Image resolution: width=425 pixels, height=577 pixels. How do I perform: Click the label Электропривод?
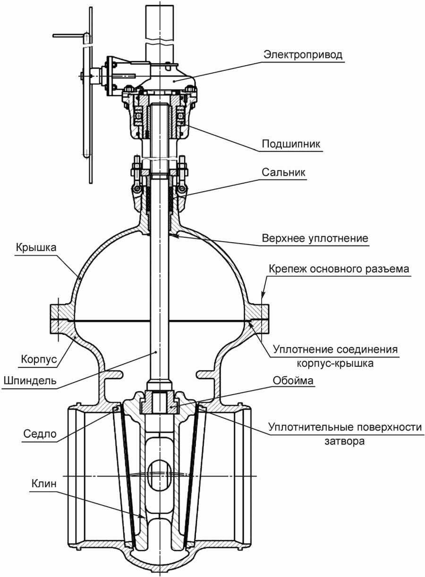pyautogui.click(x=303, y=55)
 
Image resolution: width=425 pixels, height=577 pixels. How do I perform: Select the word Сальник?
pyautogui.click(x=284, y=172)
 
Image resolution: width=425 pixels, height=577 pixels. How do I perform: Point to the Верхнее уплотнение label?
pyautogui.click(x=315, y=238)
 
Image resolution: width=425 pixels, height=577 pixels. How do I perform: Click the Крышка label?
pyautogui.click(x=36, y=247)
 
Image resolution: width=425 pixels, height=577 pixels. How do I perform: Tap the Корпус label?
pyautogui.click(x=39, y=359)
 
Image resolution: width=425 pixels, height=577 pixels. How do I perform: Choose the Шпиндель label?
pyautogui.click(x=30, y=380)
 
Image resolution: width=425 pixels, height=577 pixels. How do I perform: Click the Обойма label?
pyautogui.click(x=293, y=381)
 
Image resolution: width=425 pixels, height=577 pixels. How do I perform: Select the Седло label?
pyautogui.click(x=40, y=434)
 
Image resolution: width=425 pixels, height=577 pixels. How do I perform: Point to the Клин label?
pyautogui.click(x=44, y=484)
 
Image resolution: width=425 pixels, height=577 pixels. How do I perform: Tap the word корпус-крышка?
pyautogui.click(x=335, y=364)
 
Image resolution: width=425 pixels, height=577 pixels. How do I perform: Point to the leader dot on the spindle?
pyautogui.click(x=156, y=352)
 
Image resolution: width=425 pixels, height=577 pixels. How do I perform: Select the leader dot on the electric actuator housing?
pyautogui.click(x=174, y=81)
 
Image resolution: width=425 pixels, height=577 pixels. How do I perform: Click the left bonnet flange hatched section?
pyautogui.click(x=62, y=312)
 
